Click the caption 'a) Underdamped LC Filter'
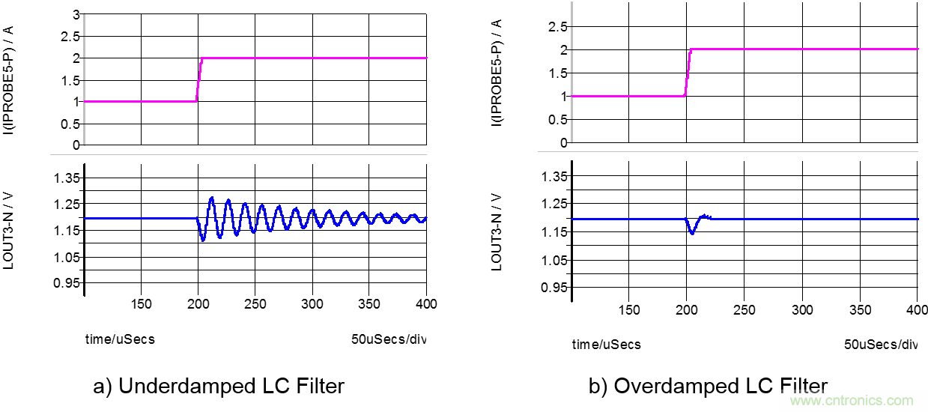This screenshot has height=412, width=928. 219,386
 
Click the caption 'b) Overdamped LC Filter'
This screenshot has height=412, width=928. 709,386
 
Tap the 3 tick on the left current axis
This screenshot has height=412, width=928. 75,14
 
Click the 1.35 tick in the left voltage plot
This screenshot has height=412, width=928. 66,178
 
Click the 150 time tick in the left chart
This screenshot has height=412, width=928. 141,304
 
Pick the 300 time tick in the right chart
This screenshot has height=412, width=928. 802,309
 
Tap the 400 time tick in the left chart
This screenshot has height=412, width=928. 426,304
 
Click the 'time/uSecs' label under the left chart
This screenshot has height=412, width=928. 120,339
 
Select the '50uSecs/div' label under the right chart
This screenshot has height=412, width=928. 880,345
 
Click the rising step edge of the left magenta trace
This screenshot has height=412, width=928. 198,79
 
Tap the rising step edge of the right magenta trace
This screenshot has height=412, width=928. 688,73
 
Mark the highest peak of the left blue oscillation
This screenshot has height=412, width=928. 212,198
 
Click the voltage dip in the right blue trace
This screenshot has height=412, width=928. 692,233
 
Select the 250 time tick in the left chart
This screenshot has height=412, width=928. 255,304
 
